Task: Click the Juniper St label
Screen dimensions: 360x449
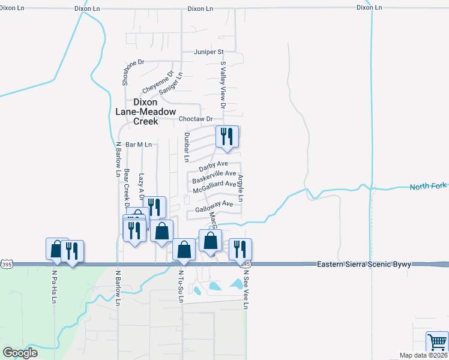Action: [x=208, y=52]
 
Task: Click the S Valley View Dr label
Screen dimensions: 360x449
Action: [x=223, y=85]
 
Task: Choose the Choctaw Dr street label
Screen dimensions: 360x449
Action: [x=196, y=119]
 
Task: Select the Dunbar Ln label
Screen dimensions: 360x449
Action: [x=186, y=147]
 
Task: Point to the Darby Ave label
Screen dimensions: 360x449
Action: [x=214, y=164]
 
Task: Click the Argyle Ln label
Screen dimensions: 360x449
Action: [x=241, y=188]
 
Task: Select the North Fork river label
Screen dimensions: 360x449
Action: [x=429, y=187]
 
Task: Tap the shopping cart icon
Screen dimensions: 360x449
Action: [x=437, y=342]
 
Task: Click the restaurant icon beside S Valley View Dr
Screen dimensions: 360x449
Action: [x=227, y=137]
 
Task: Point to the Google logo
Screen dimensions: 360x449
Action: [x=20, y=353]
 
